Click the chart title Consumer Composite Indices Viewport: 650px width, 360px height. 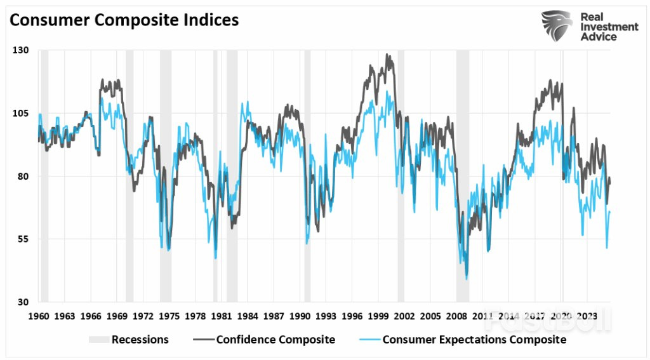click(x=124, y=20)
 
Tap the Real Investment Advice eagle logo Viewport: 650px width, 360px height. click(x=556, y=26)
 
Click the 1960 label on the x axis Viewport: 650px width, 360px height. click(x=39, y=316)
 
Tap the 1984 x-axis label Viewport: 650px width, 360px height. click(x=248, y=316)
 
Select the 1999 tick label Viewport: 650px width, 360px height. click(x=378, y=316)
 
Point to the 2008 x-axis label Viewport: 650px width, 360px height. click(x=456, y=316)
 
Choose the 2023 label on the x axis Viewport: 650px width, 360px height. click(x=587, y=316)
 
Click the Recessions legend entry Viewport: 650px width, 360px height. click(x=129, y=340)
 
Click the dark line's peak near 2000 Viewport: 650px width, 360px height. click(x=387, y=55)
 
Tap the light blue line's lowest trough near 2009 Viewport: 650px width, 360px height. click(x=467, y=279)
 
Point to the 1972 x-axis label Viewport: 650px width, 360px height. click(x=143, y=316)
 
